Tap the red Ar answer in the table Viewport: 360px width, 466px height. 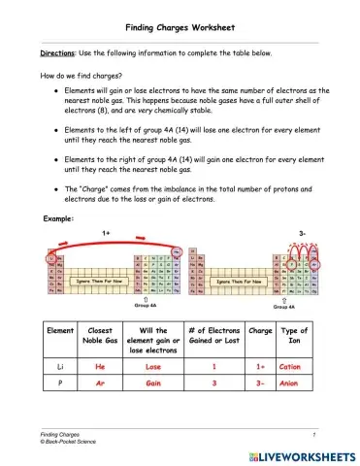tap(100, 384)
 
